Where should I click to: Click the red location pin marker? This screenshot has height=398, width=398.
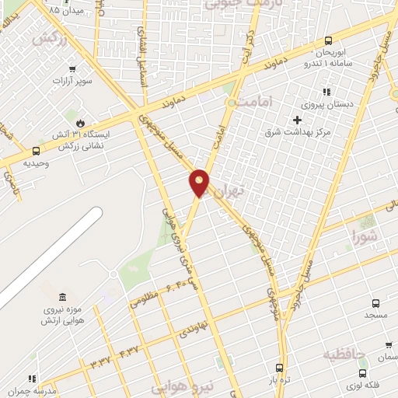coord(200,183)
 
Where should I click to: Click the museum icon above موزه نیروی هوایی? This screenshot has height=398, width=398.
coord(61,296)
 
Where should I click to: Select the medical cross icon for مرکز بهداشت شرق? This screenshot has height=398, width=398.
coord(296,120)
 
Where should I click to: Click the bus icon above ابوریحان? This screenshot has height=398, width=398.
coord(328,40)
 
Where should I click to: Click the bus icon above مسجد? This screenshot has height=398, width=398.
coord(375,304)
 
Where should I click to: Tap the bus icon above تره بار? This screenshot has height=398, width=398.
coord(280,368)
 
